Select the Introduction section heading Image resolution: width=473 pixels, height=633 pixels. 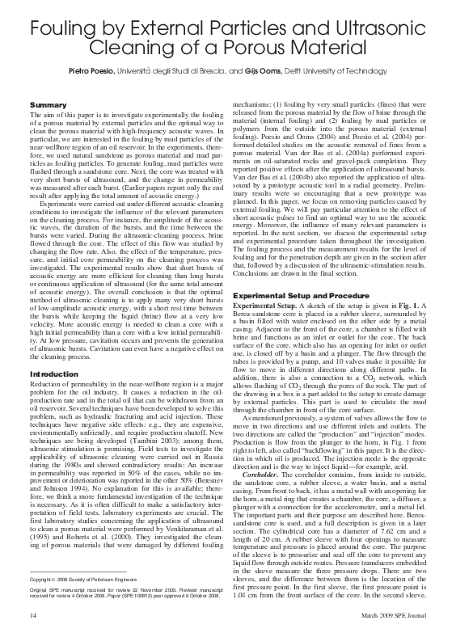(51, 374)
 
